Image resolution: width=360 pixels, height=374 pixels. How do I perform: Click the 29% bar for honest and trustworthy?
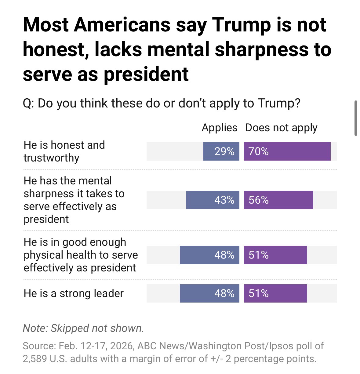(x=221, y=151)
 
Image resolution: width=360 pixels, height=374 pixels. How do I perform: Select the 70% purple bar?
(x=287, y=151)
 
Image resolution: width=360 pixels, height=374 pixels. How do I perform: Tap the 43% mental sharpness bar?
(x=213, y=200)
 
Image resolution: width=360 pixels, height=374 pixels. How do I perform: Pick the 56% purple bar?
(x=278, y=200)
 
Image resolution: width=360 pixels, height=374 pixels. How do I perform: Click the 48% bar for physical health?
(x=209, y=255)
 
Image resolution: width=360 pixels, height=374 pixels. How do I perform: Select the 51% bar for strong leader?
(x=275, y=293)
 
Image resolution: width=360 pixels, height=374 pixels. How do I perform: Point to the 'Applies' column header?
(x=219, y=128)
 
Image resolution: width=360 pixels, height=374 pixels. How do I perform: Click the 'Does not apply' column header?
(x=281, y=128)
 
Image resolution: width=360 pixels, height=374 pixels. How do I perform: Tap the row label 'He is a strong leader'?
(x=74, y=293)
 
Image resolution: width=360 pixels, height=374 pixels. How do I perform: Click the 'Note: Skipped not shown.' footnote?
(x=83, y=328)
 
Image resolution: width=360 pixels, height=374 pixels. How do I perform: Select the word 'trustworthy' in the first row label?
(x=51, y=158)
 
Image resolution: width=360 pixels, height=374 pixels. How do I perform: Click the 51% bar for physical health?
(x=275, y=255)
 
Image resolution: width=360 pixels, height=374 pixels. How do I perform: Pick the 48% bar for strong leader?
(x=209, y=293)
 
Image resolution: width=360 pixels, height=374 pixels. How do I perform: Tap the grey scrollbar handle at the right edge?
(x=355, y=118)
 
